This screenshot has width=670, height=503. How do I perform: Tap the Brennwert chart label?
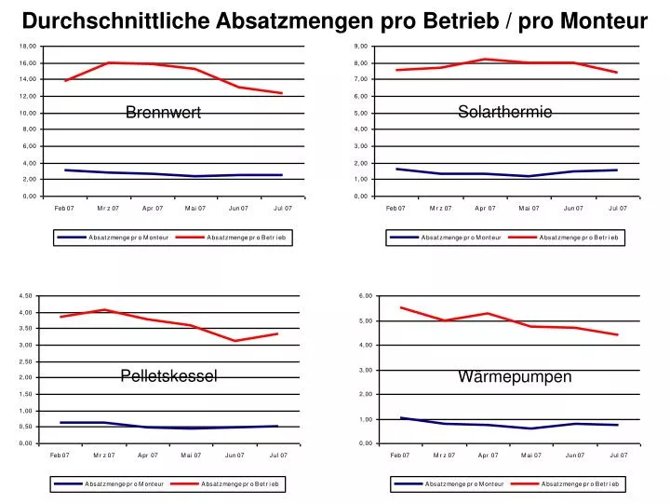[x=164, y=113]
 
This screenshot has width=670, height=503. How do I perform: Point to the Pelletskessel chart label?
[x=168, y=376]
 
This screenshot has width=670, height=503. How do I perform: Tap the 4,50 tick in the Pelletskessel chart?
[x=26, y=296]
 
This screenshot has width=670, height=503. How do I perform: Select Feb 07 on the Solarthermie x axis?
[x=395, y=208]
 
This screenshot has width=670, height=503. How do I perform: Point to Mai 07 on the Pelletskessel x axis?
[x=192, y=455]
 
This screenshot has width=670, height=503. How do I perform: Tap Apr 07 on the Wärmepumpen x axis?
[x=488, y=455]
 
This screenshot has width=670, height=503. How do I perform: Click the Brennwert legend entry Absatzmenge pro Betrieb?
[x=248, y=238]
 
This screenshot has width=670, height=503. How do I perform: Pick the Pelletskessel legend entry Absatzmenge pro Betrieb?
[x=243, y=484]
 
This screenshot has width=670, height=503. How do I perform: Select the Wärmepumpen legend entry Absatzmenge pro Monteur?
[x=464, y=484]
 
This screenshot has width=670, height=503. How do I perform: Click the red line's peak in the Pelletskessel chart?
[x=105, y=310]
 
